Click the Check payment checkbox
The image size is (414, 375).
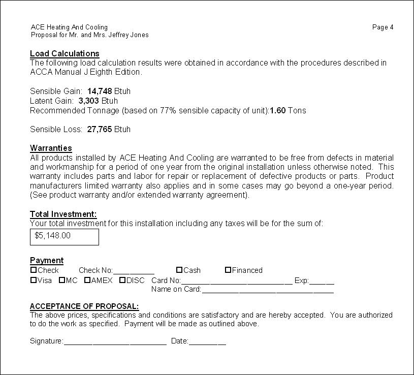(x=34, y=270)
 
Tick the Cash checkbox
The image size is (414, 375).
(x=179, y=270)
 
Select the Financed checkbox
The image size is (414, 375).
(x=228, y=270)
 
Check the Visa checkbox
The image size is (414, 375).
(x=34, y=280)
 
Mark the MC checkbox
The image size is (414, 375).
(x=62, y=280)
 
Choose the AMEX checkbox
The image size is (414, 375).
(x=87, y=280)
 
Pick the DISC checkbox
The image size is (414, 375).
(x=122, y=280)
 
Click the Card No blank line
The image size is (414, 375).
(x=237, y=282)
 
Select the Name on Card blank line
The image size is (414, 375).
(x=268, y=291)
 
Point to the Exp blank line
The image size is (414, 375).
(x=322, y=282)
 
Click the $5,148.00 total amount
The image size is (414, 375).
(x=53, y=236)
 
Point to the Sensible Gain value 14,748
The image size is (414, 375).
(x=100, y=91)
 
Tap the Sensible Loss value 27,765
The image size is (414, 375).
(x=100, y=130)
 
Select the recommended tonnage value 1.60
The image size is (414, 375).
(x=277, y=111)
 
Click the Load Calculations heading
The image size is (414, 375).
(x=65, y=53)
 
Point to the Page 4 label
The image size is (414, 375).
(x=383, y=27)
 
